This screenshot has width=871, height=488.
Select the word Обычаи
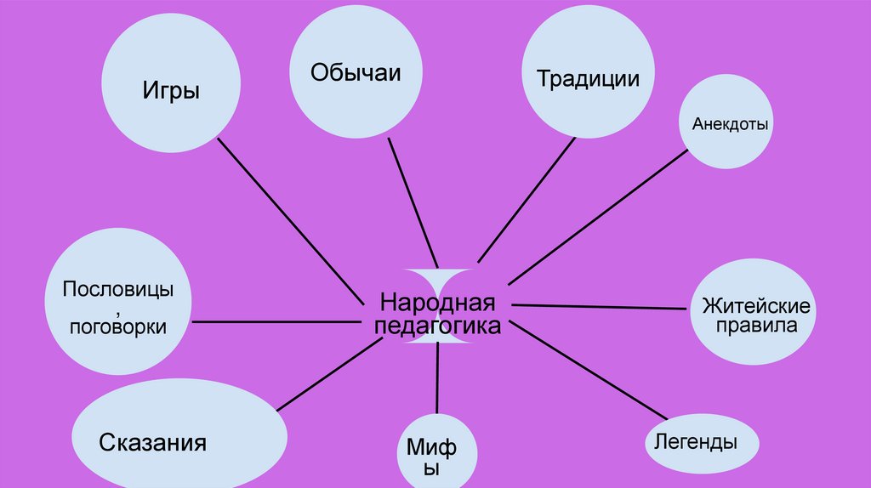pos(356,71)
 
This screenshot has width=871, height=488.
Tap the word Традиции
pos(588,79)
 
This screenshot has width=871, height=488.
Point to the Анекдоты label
pos(730,124)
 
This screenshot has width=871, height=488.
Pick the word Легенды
pos(696,442)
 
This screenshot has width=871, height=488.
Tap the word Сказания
pos(153,443)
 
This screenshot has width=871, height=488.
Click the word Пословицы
pos(117,289)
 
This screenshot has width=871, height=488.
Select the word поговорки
pos(117,326)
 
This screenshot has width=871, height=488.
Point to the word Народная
pos(437,304)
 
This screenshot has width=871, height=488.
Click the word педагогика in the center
pos(437,326)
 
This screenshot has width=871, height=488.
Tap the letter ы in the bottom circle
pos(432,468)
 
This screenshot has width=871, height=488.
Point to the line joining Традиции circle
pos(527,201)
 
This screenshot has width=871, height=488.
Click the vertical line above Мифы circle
pos(438,378)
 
